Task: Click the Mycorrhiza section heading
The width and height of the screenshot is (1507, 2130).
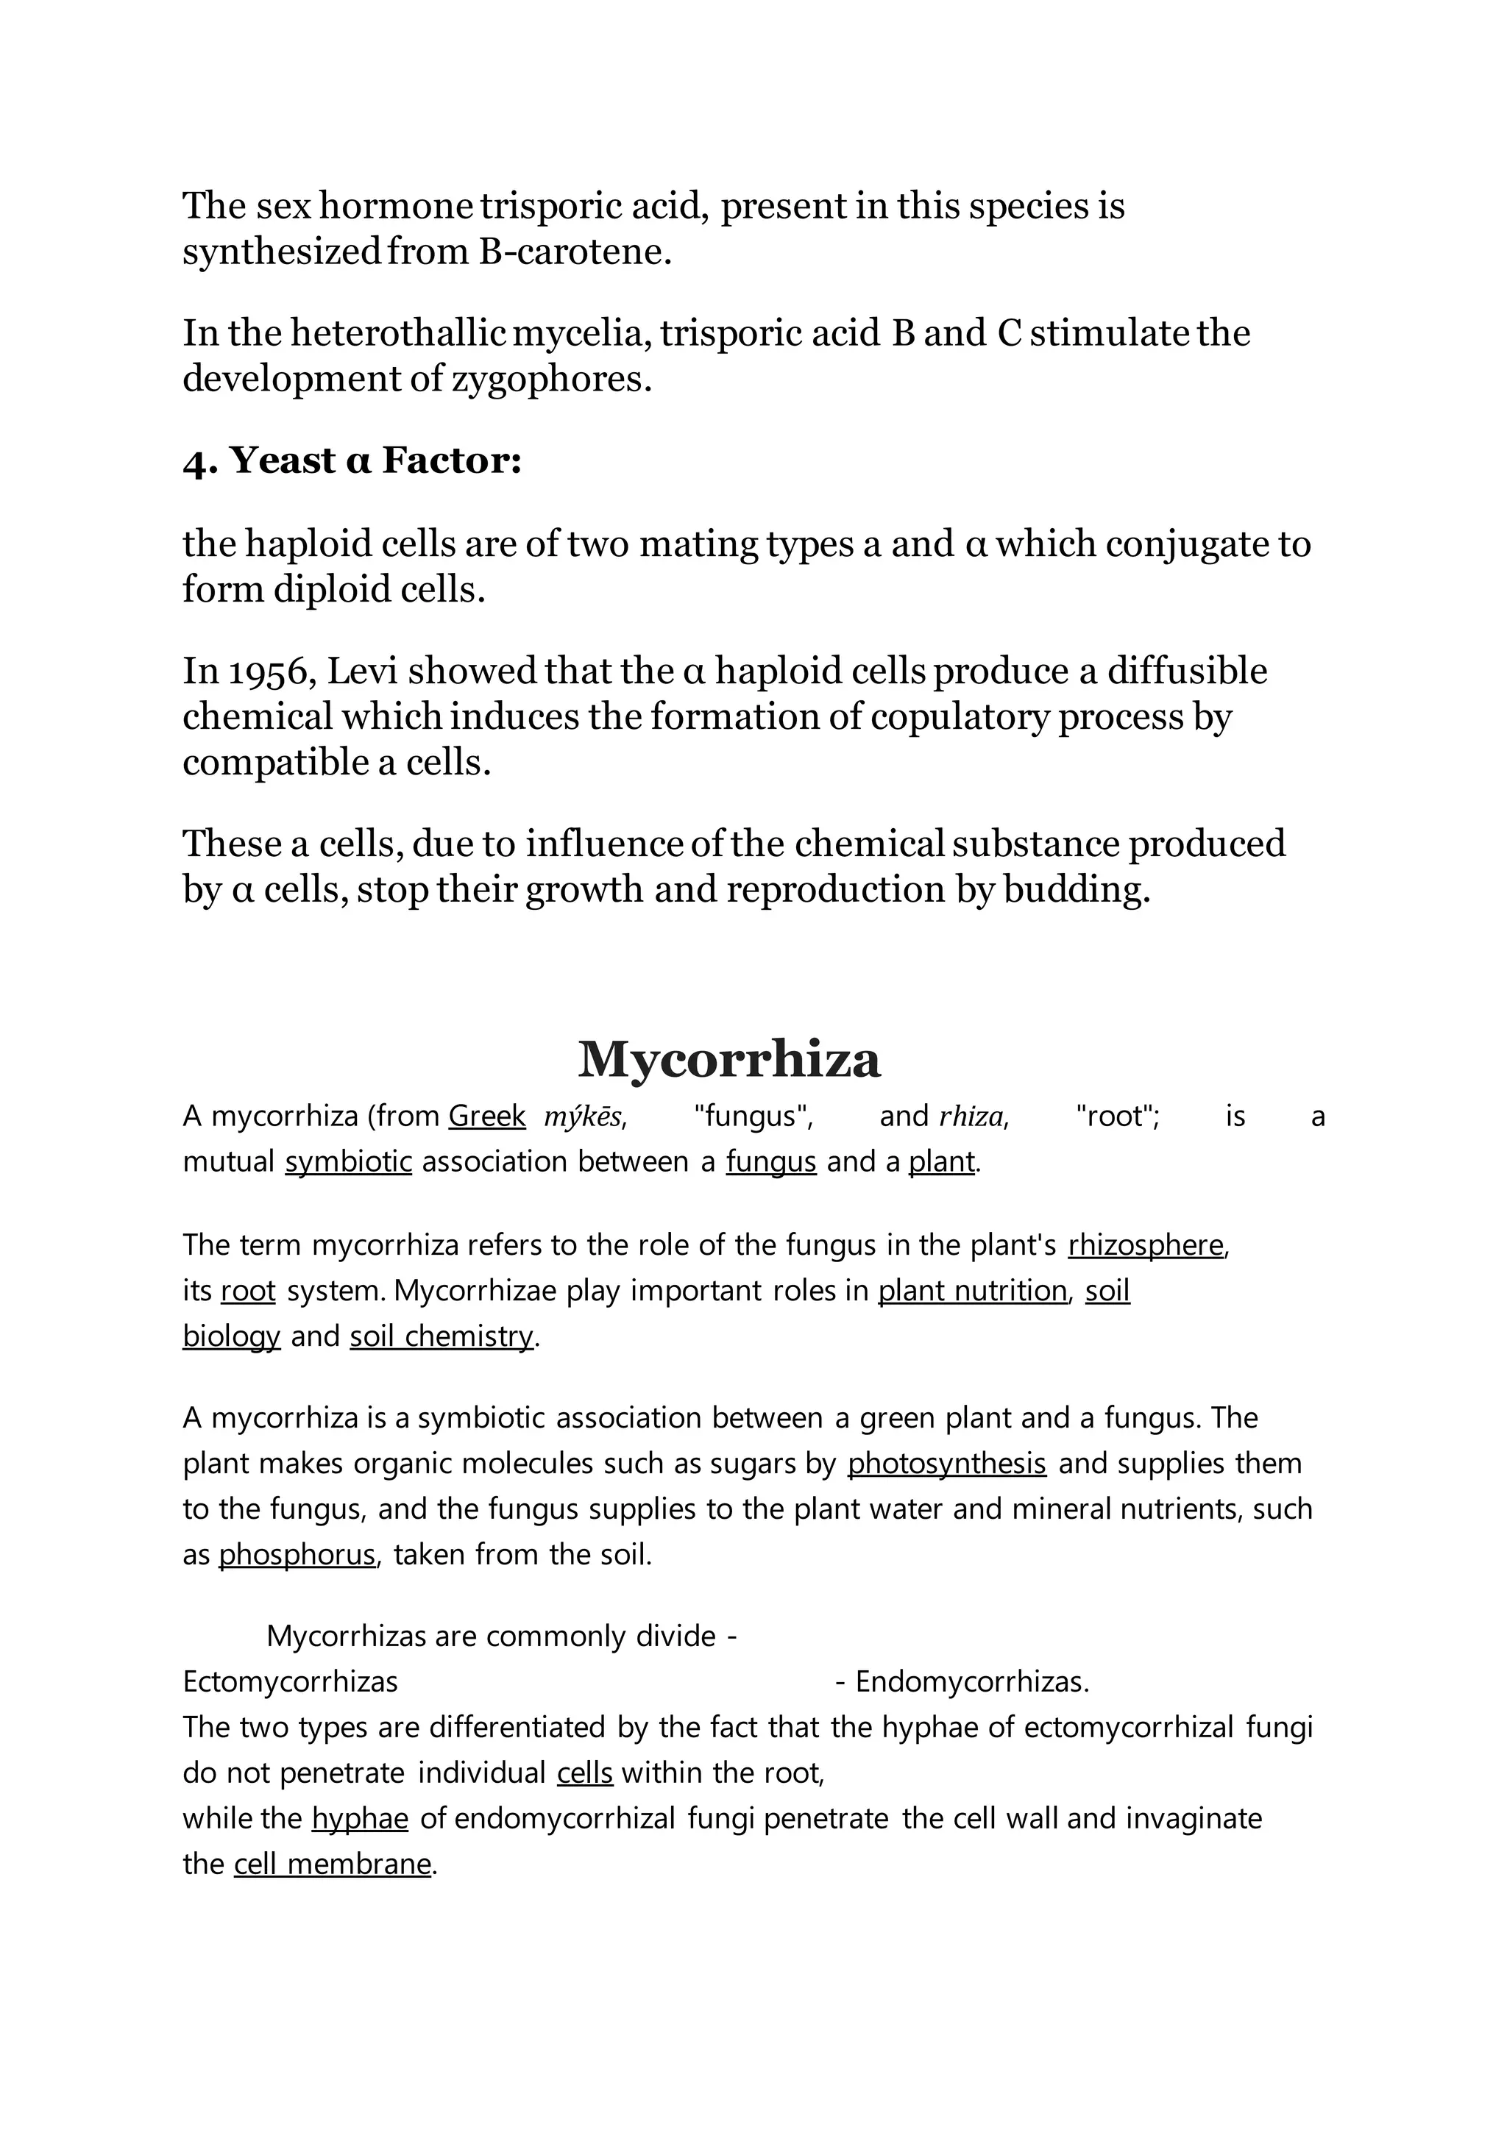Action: tap(728, 1059)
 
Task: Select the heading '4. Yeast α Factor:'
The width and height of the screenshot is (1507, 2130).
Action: tap(352, 460)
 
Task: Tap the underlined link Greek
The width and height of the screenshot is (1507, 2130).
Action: tap(486, 1116)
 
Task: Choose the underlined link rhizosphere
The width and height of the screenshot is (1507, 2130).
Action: tap(1146, 1245)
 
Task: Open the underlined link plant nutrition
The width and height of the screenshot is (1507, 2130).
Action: tap(973, 1291)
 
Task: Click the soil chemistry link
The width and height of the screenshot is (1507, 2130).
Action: tap(442, 1336)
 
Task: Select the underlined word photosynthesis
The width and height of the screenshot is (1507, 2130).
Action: tap(946, 1464)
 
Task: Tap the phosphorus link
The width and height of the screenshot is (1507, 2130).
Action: tap(297, 1555)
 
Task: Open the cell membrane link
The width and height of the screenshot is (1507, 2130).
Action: tap(332, 1864)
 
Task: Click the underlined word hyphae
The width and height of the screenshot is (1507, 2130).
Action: tap(360, 1818)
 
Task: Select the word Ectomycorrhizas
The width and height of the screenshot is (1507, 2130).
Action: tap(291, 1682)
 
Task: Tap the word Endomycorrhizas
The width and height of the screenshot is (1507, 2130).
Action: tap(971, 1682)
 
